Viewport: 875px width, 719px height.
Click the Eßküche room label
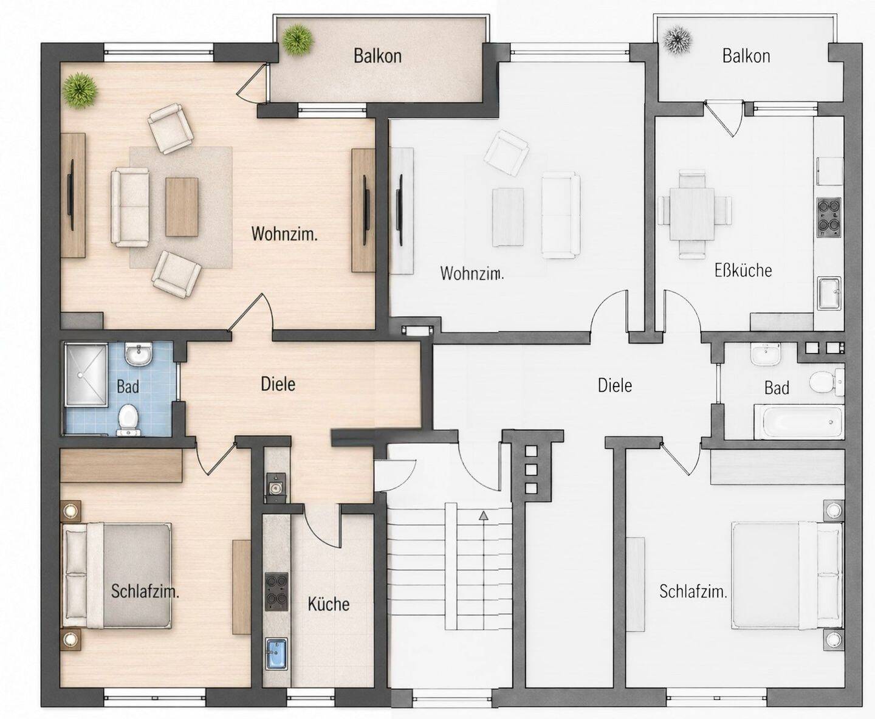pos(743,270)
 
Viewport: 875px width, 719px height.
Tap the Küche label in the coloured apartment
pos(329,604)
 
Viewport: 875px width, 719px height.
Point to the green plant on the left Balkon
pos(297,40)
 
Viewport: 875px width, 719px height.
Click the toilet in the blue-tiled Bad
pos(128,419)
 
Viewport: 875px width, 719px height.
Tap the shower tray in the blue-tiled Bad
pos(84,374)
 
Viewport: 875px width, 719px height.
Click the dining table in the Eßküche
pos(692,214)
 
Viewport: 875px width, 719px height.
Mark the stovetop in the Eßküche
pos(829,218)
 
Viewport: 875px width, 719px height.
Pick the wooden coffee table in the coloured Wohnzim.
pos(182,207)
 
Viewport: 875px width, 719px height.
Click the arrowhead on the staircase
pos(483,515)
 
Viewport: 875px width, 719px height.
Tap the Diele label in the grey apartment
pos(615,386)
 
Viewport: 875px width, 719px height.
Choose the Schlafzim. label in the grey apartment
pos(693,591)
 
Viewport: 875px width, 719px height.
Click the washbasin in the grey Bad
pos(766,354)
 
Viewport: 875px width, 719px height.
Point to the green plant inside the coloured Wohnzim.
pos(80,91)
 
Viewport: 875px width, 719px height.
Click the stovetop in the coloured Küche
pos(276,591)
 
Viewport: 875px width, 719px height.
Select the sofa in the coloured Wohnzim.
pos(130,207)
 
